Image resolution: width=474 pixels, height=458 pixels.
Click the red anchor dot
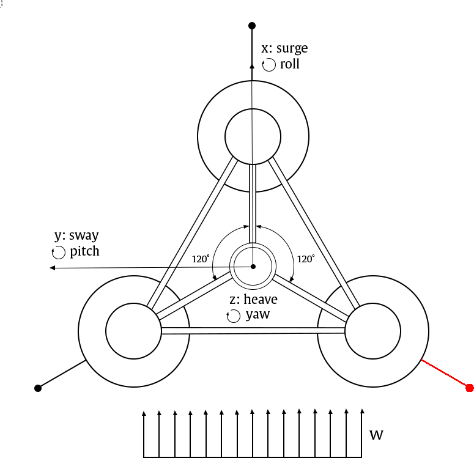[470, 388]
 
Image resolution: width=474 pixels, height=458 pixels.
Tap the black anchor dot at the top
[251, 26]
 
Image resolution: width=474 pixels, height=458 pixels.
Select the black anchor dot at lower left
[38, 388]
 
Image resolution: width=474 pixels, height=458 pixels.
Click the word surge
[292, 48]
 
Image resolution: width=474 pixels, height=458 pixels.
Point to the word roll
[290, 64]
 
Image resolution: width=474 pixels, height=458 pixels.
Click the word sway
[84, 235]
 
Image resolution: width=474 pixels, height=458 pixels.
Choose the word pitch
[84, 251]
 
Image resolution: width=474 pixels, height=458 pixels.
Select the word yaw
[257, 315]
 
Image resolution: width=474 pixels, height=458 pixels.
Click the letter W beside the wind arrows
[377, 435]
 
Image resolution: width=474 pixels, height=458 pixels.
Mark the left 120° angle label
[201, 259]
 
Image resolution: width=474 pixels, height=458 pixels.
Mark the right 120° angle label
[306, 259]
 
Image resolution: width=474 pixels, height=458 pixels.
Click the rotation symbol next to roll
[268, 65]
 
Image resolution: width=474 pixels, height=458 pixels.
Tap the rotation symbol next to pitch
[59, 252]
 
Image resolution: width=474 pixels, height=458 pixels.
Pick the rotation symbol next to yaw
[234, 316]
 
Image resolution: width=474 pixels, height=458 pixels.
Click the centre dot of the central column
[253, 266]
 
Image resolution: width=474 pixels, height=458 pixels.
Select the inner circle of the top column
[253, 136]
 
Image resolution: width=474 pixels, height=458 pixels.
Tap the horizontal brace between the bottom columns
[252, 331]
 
